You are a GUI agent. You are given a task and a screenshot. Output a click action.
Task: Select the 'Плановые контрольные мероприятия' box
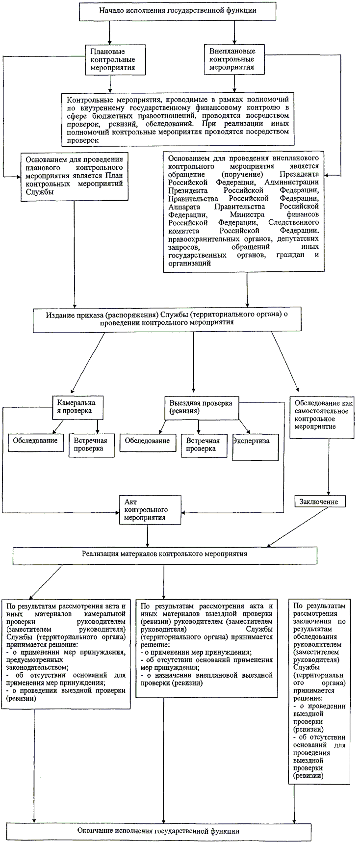tap(116, 59)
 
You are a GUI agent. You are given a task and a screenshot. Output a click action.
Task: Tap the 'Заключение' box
tap(320, 502)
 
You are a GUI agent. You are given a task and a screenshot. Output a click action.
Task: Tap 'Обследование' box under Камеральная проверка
tap(36, 441)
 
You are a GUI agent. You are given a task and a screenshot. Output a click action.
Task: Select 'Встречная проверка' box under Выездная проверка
tap(204, 444)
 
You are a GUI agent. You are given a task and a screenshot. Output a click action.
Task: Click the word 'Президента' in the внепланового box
tap(299, 174)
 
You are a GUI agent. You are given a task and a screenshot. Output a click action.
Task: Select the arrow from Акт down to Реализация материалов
tap(147, 534)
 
